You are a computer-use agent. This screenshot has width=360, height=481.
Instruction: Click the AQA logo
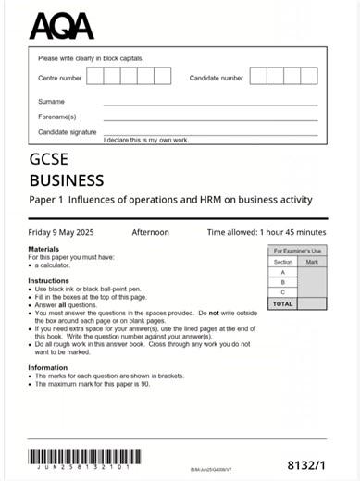tap(61, 25)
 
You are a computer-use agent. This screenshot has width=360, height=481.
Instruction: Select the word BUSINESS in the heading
tap(67, 180)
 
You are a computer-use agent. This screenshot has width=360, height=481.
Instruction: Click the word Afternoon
tap(150, 232)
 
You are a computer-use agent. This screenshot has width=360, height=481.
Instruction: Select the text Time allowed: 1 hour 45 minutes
tap(267, 232)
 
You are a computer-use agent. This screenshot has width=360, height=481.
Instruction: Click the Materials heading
tap(43, 250)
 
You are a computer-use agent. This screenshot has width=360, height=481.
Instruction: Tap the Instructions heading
tap(48, 280)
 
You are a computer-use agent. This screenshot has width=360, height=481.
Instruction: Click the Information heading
tap(47, 367)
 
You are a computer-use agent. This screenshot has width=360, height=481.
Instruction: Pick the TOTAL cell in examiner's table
tap(283, 303)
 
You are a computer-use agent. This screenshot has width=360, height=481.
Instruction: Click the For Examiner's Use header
tap(297, 251)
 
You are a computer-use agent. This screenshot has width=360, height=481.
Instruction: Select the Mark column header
tap(312, 262)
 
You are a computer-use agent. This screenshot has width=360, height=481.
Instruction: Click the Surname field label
tap(51, 102)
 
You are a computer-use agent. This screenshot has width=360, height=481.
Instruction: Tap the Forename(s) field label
tap(56, 117)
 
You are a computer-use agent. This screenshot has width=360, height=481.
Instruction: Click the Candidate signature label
tap(67, 132)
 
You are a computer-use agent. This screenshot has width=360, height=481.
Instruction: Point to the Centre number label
tap(60, 78)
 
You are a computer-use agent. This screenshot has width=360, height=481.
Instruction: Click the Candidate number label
tap(217, 78)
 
